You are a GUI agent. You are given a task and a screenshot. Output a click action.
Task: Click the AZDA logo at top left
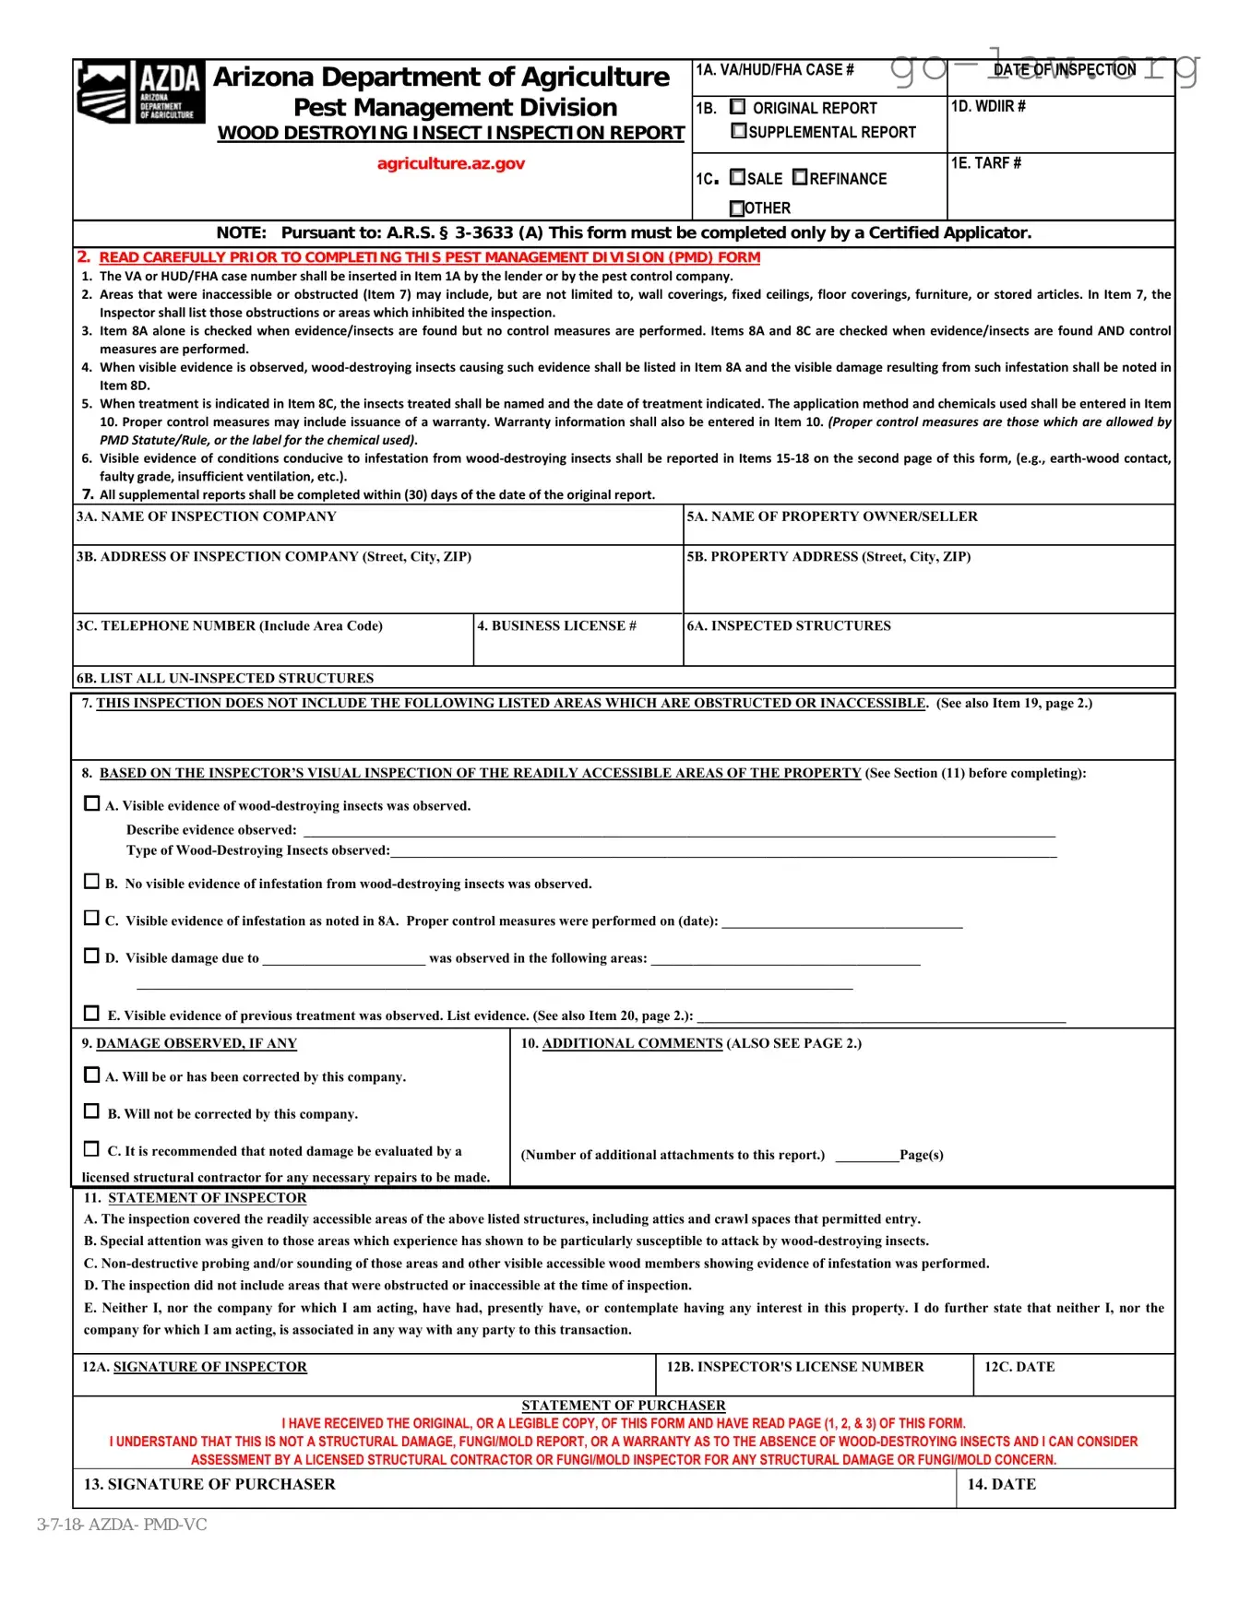[139, 92]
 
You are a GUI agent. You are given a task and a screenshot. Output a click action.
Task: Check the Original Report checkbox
[738, 107]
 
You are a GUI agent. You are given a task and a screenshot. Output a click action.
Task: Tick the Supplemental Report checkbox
[738, 131]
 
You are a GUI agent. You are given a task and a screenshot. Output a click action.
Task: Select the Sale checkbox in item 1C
[737, 177]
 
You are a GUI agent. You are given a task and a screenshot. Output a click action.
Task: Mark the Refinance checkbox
[800, 177]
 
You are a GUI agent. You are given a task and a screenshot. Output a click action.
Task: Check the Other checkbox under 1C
[736, 208]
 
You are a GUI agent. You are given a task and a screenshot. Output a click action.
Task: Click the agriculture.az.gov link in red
[450, 163]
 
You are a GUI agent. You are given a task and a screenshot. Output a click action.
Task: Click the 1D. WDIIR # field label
[988, 107]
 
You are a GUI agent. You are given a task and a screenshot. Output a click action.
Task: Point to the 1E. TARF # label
[985, 163]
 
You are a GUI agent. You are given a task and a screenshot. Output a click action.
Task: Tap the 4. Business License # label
[556, 626]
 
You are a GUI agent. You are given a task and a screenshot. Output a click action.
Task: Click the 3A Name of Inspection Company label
[206, 517]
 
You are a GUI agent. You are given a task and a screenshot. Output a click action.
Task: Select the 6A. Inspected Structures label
[788, 626]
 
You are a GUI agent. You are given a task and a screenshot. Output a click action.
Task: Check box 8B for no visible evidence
[91, 882]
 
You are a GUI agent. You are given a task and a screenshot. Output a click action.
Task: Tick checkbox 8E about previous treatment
[91, 1014]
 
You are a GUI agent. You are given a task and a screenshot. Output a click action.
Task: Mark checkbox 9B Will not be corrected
[91, 1111]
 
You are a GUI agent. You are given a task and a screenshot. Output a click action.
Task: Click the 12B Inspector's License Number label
[794, 1367]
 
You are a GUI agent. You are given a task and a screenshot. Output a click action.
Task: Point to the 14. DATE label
[1001, 1484]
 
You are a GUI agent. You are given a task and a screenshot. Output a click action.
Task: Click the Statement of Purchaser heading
[623, 1406]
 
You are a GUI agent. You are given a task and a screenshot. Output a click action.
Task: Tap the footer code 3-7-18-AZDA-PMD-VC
[122, 1525]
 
